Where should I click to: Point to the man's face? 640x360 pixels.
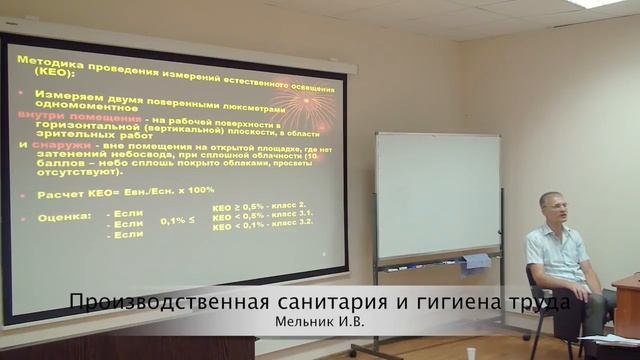(x=553, y=207)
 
